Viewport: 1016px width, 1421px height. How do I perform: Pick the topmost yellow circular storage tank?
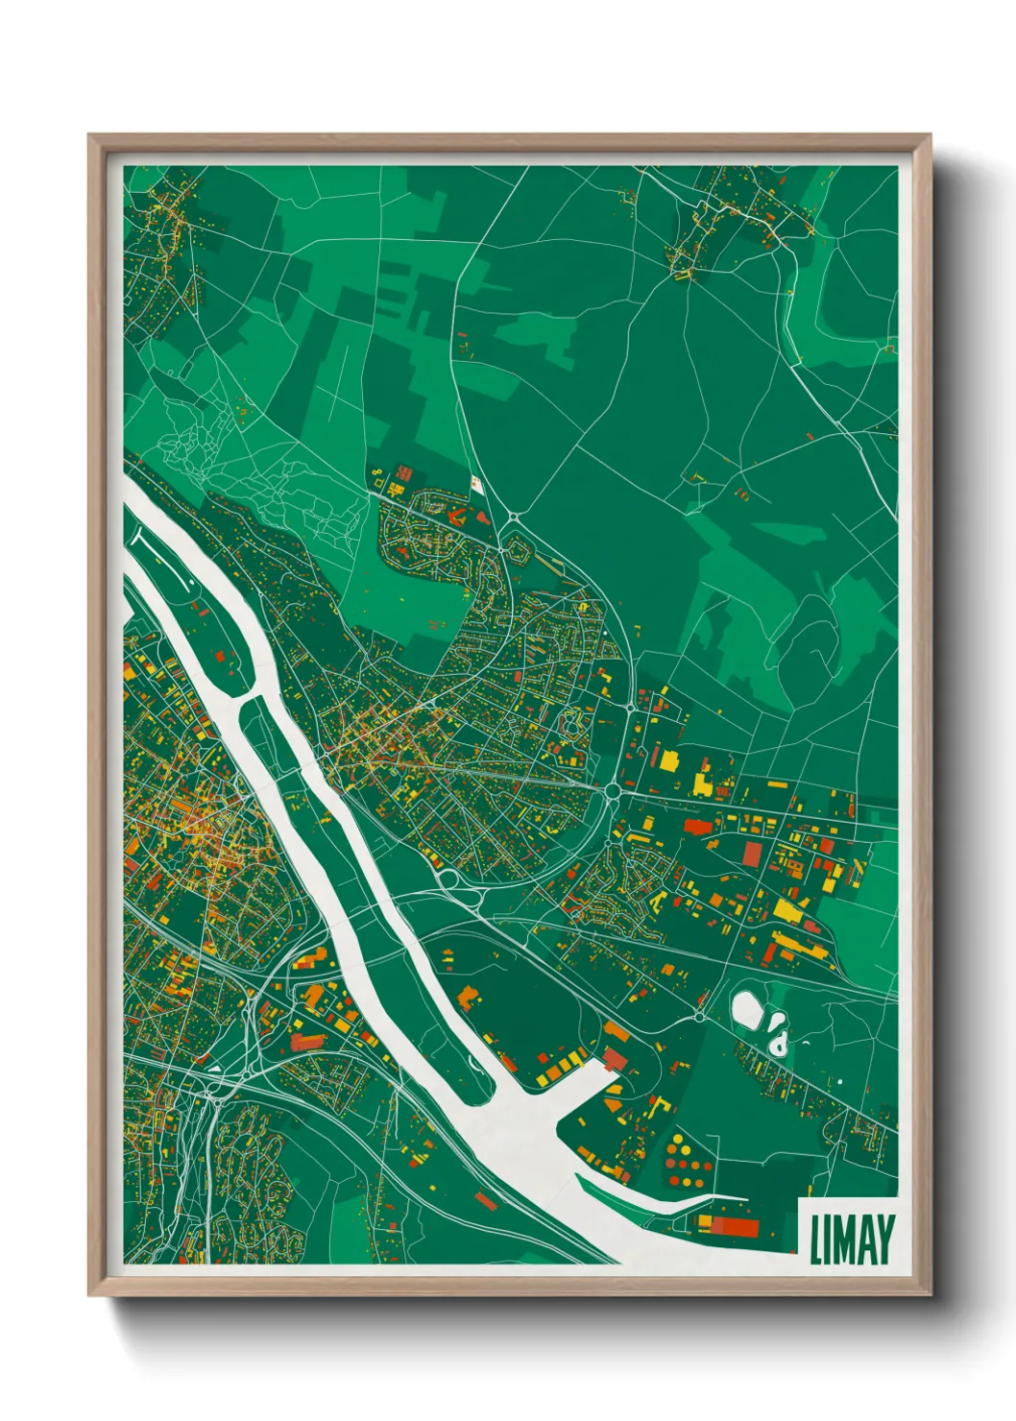[x=680, y=1139]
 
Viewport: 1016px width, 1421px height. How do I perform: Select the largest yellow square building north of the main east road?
[x=667, y=759]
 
